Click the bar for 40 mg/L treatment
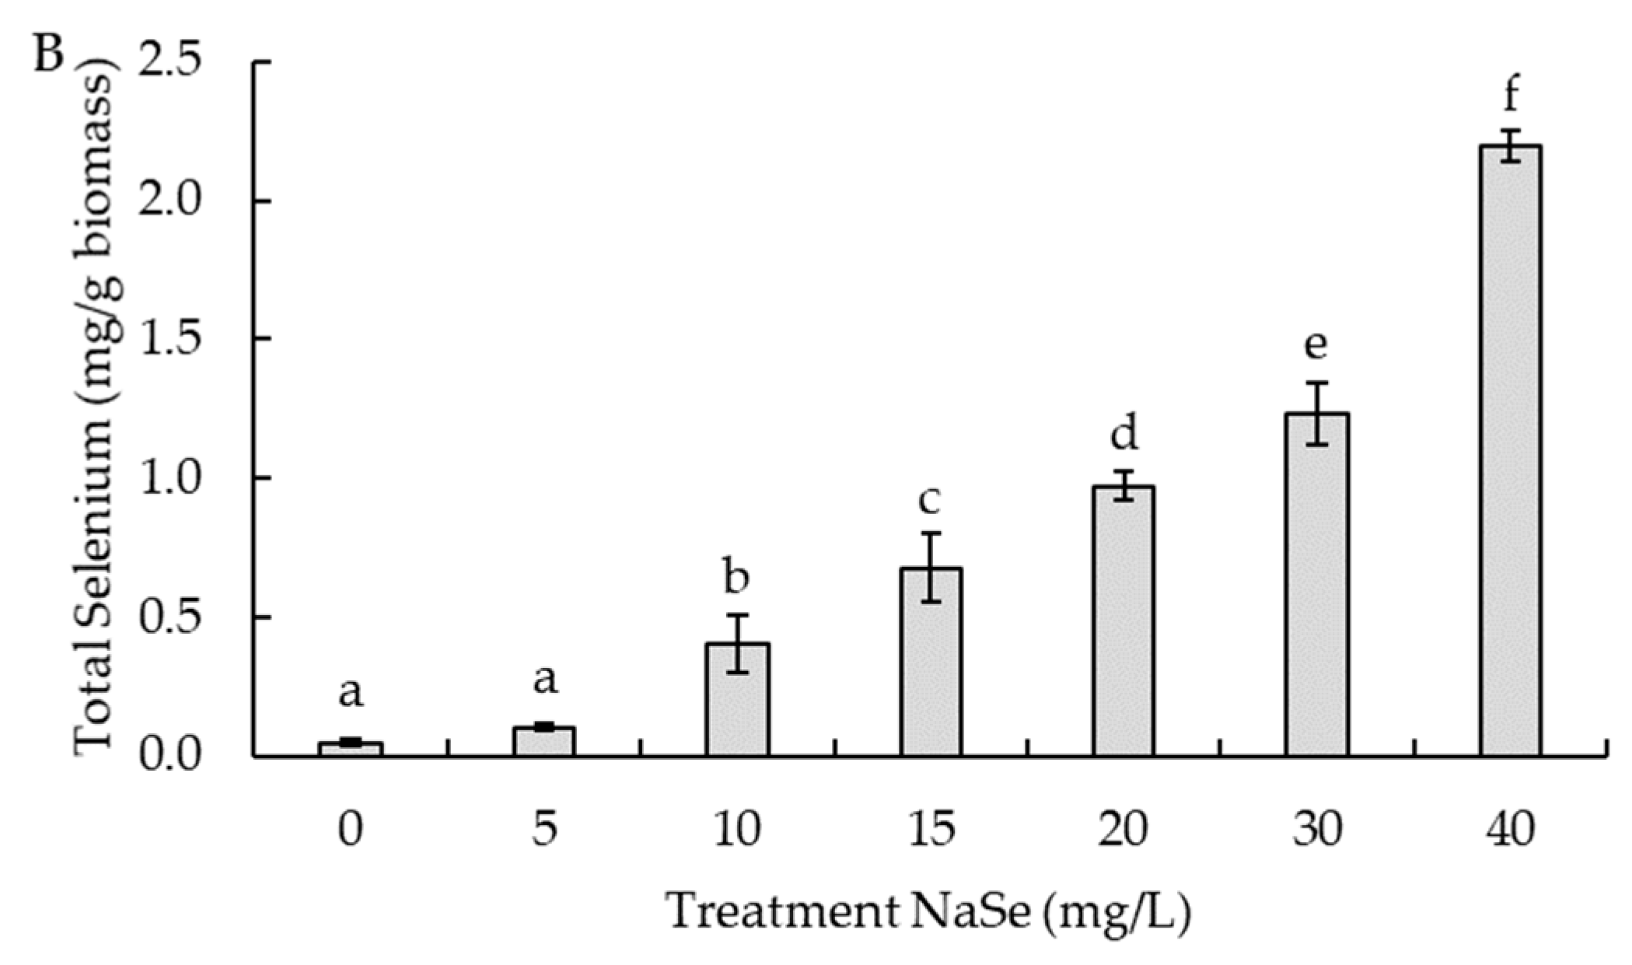coord(1510,451)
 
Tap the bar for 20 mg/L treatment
coord(1124,621)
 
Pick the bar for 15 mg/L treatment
coord(931,662)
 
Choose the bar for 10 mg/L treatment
coord(737,700)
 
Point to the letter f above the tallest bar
coord(1511,95)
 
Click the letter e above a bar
coord(1316,344)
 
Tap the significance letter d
coord(1124,432)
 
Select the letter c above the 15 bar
coord(929,500)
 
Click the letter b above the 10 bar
coord(736,576)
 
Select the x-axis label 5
coord(544,830)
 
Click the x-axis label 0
coord(351,830)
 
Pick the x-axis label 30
coord(1316,830)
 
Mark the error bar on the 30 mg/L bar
coord(1316,413)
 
